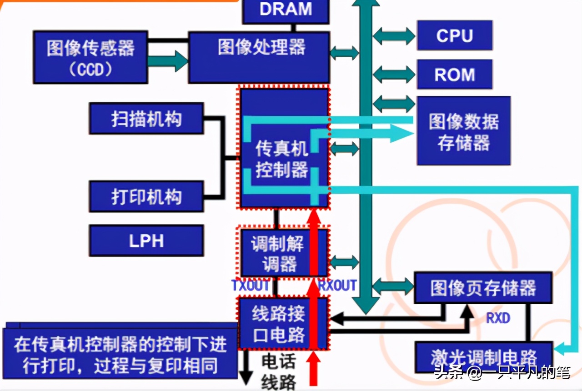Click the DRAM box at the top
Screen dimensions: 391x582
286,10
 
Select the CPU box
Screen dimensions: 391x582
455,35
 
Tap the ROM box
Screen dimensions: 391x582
455,75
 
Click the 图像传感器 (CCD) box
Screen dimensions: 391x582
90,57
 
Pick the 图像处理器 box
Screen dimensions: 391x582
259,57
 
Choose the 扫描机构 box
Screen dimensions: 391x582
146,119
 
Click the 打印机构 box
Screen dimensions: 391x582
146,196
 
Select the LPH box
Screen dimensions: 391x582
146,241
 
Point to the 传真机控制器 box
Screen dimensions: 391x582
282,159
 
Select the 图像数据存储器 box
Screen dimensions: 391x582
463,131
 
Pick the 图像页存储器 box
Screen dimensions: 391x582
483,288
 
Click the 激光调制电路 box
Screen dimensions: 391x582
483,357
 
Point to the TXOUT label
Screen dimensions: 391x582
250,286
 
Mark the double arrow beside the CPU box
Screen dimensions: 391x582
394,36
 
